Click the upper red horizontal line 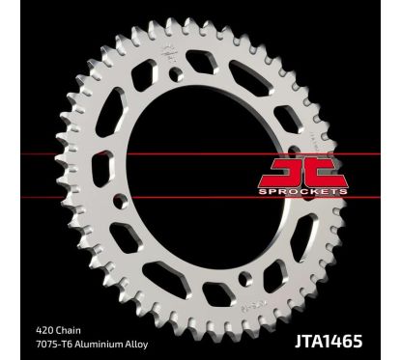point(193,153)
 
